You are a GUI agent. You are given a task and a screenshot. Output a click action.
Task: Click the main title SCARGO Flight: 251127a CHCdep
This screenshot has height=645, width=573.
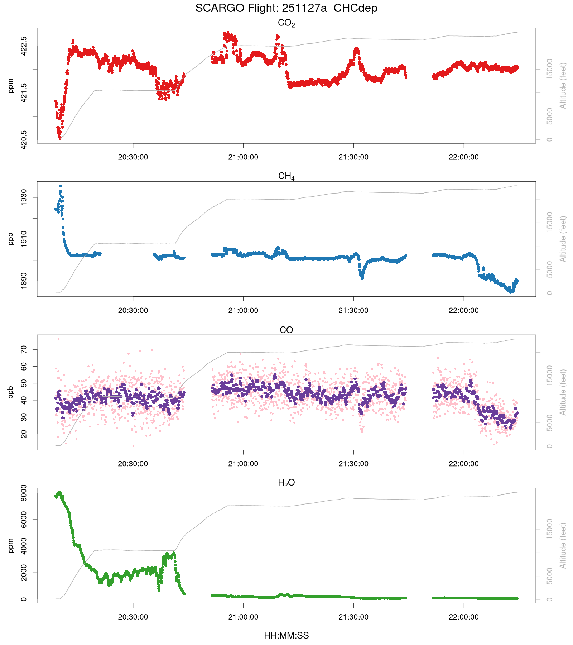286,8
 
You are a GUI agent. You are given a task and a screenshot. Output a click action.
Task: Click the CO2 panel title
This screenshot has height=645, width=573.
286,23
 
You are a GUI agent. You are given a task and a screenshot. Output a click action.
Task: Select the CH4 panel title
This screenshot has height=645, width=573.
286,176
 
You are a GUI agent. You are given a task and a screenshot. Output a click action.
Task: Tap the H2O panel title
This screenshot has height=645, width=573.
286,483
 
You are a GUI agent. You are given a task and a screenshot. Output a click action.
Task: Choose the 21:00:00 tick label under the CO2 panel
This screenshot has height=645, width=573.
243,157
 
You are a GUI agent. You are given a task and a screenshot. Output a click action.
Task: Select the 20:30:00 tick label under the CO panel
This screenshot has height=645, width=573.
133,464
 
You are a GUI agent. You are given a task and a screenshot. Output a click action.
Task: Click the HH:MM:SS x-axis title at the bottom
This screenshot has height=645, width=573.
286,636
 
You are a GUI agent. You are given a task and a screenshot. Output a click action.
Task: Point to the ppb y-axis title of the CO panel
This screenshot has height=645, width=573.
11,392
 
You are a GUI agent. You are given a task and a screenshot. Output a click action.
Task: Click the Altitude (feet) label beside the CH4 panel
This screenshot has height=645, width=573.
563,239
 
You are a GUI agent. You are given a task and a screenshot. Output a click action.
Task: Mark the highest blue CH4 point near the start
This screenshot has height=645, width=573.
60,186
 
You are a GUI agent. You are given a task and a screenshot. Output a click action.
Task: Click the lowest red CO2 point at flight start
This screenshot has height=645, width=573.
60,139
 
